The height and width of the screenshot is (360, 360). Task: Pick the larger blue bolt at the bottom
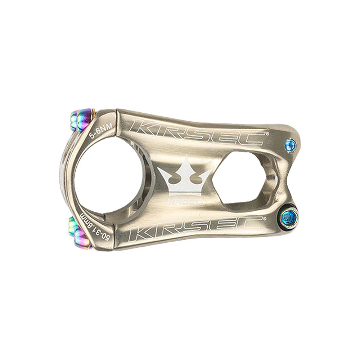pos(289,216)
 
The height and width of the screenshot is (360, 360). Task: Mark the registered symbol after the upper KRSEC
pos(267,133)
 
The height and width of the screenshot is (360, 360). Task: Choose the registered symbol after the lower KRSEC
pos(266,218)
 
